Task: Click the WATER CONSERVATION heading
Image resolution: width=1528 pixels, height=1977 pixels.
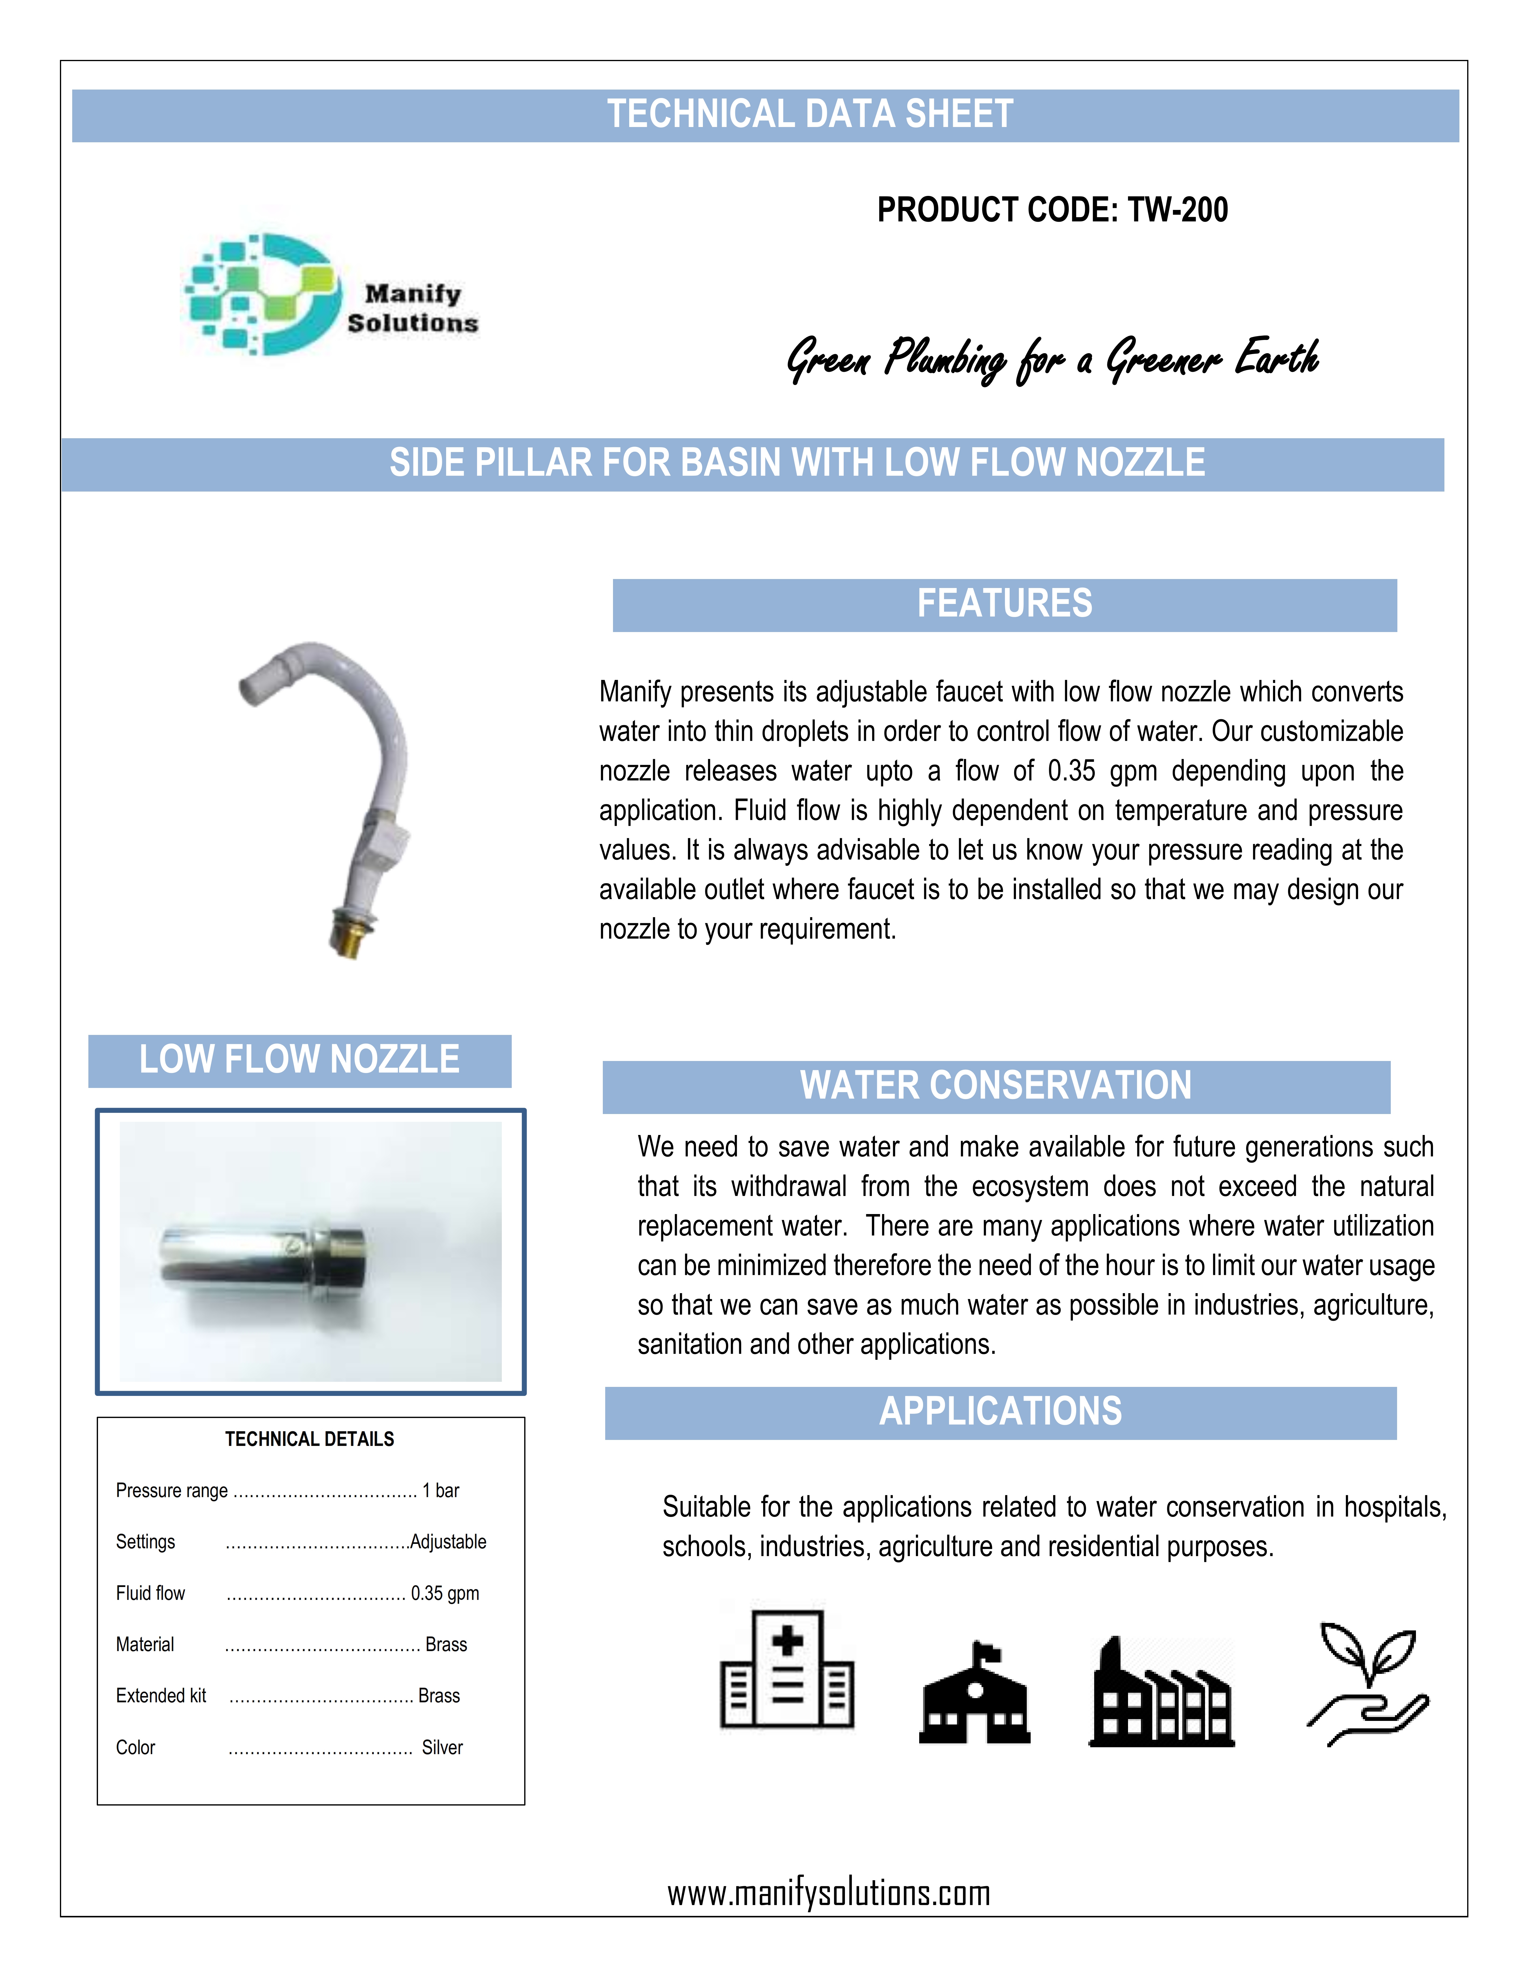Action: (x=996, y=1085)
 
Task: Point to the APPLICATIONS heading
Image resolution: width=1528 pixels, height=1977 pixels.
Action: (x=1000, y=1411)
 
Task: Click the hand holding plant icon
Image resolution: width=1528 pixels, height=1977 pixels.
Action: (x=1367, y=1684)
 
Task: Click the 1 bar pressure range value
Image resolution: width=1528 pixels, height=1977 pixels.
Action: (x=441, y=1490)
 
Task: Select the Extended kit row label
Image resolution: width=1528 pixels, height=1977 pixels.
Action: (x=161, y=1695)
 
